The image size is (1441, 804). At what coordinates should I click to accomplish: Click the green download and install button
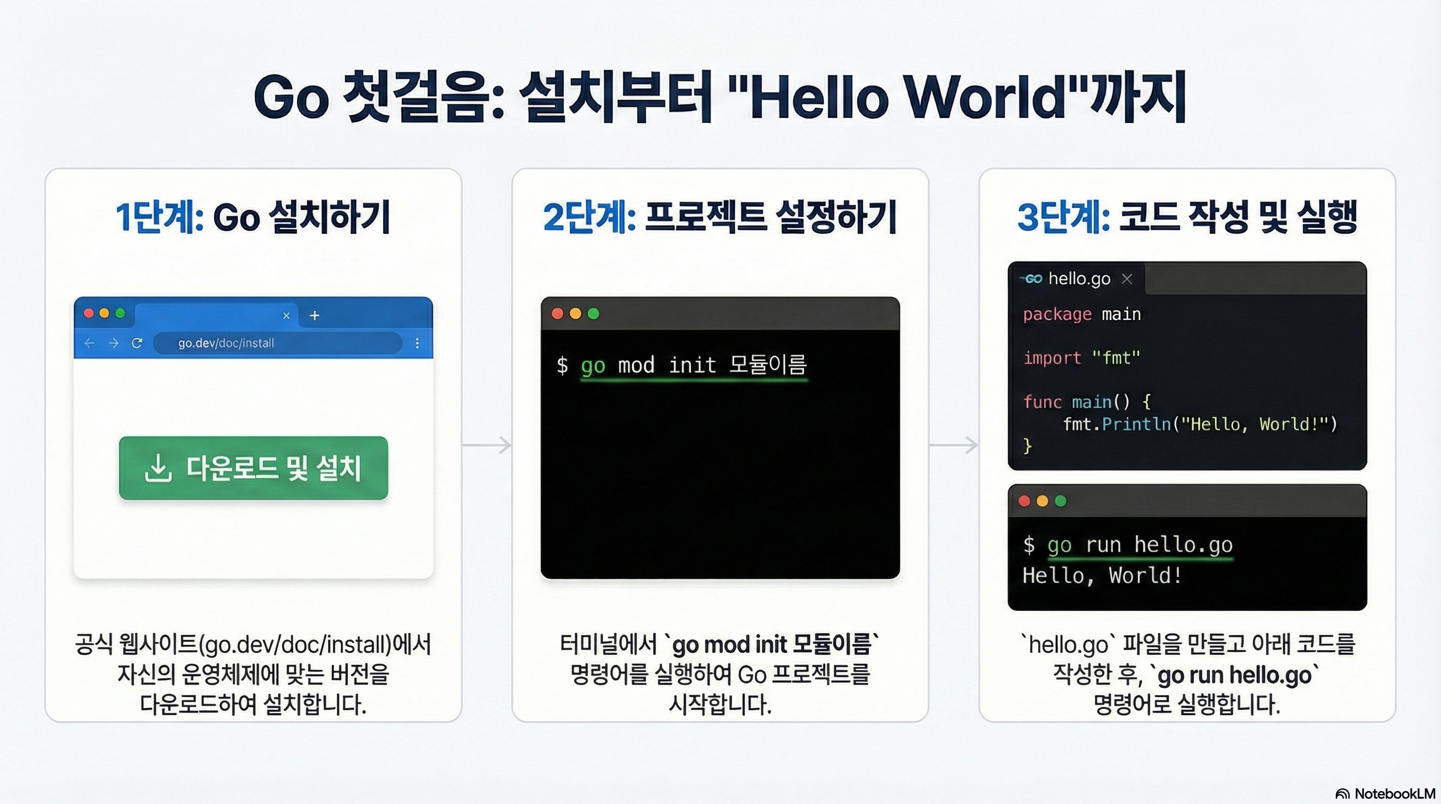click(x=253, y=468)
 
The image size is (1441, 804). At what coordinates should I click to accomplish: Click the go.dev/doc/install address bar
click(x=277, y=343)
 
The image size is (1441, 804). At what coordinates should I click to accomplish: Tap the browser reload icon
click(x=137, y=343)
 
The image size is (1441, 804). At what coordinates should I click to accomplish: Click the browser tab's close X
click(x=286, y=315)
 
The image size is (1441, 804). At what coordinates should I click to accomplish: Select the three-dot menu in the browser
click(x=417, y=343)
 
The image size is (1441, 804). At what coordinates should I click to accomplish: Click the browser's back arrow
click(x=89, y=343)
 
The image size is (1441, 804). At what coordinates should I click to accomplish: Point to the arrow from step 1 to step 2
click(x=486, y=445)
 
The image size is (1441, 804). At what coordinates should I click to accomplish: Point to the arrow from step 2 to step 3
click(x=954, y=445)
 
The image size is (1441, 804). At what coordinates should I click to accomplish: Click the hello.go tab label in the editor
click(x=1079, y=278)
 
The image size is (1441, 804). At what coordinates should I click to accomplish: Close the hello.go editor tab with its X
click(x=1127, y=278)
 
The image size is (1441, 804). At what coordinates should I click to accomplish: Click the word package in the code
click(x=1057, y=314)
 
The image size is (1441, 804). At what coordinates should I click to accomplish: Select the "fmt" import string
click(x=1116, y=358)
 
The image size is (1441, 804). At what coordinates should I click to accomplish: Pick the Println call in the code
click(x=1136, y=424)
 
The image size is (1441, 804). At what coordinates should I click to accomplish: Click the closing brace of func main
click(x=1027, y=445)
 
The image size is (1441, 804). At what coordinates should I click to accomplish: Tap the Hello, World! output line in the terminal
click(x=1102, y=575)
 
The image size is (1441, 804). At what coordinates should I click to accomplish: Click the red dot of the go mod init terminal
click(x=557, y=314)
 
